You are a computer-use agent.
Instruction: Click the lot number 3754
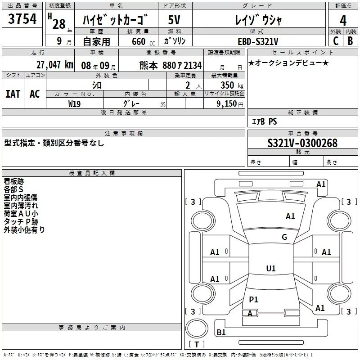[x=22, y=19]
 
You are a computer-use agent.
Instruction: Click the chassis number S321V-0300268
[x=302, y=143]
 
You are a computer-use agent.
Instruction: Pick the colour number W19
[x=75, y=103]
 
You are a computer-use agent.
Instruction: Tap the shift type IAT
[x=13, y=94]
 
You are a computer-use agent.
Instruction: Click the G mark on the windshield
[x=284, y=237]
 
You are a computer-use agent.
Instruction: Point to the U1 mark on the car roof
[x=270, y=268]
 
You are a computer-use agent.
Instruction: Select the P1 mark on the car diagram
[x=253, y=299]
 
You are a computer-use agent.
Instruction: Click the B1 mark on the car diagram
[x=221, y=333]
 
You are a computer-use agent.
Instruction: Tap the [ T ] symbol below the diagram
[x=197, y=344]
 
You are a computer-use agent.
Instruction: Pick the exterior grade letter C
[x=335, y=41]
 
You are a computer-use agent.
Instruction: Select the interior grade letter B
[x=351, y=41]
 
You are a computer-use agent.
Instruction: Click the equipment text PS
[x=273, y=121]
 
